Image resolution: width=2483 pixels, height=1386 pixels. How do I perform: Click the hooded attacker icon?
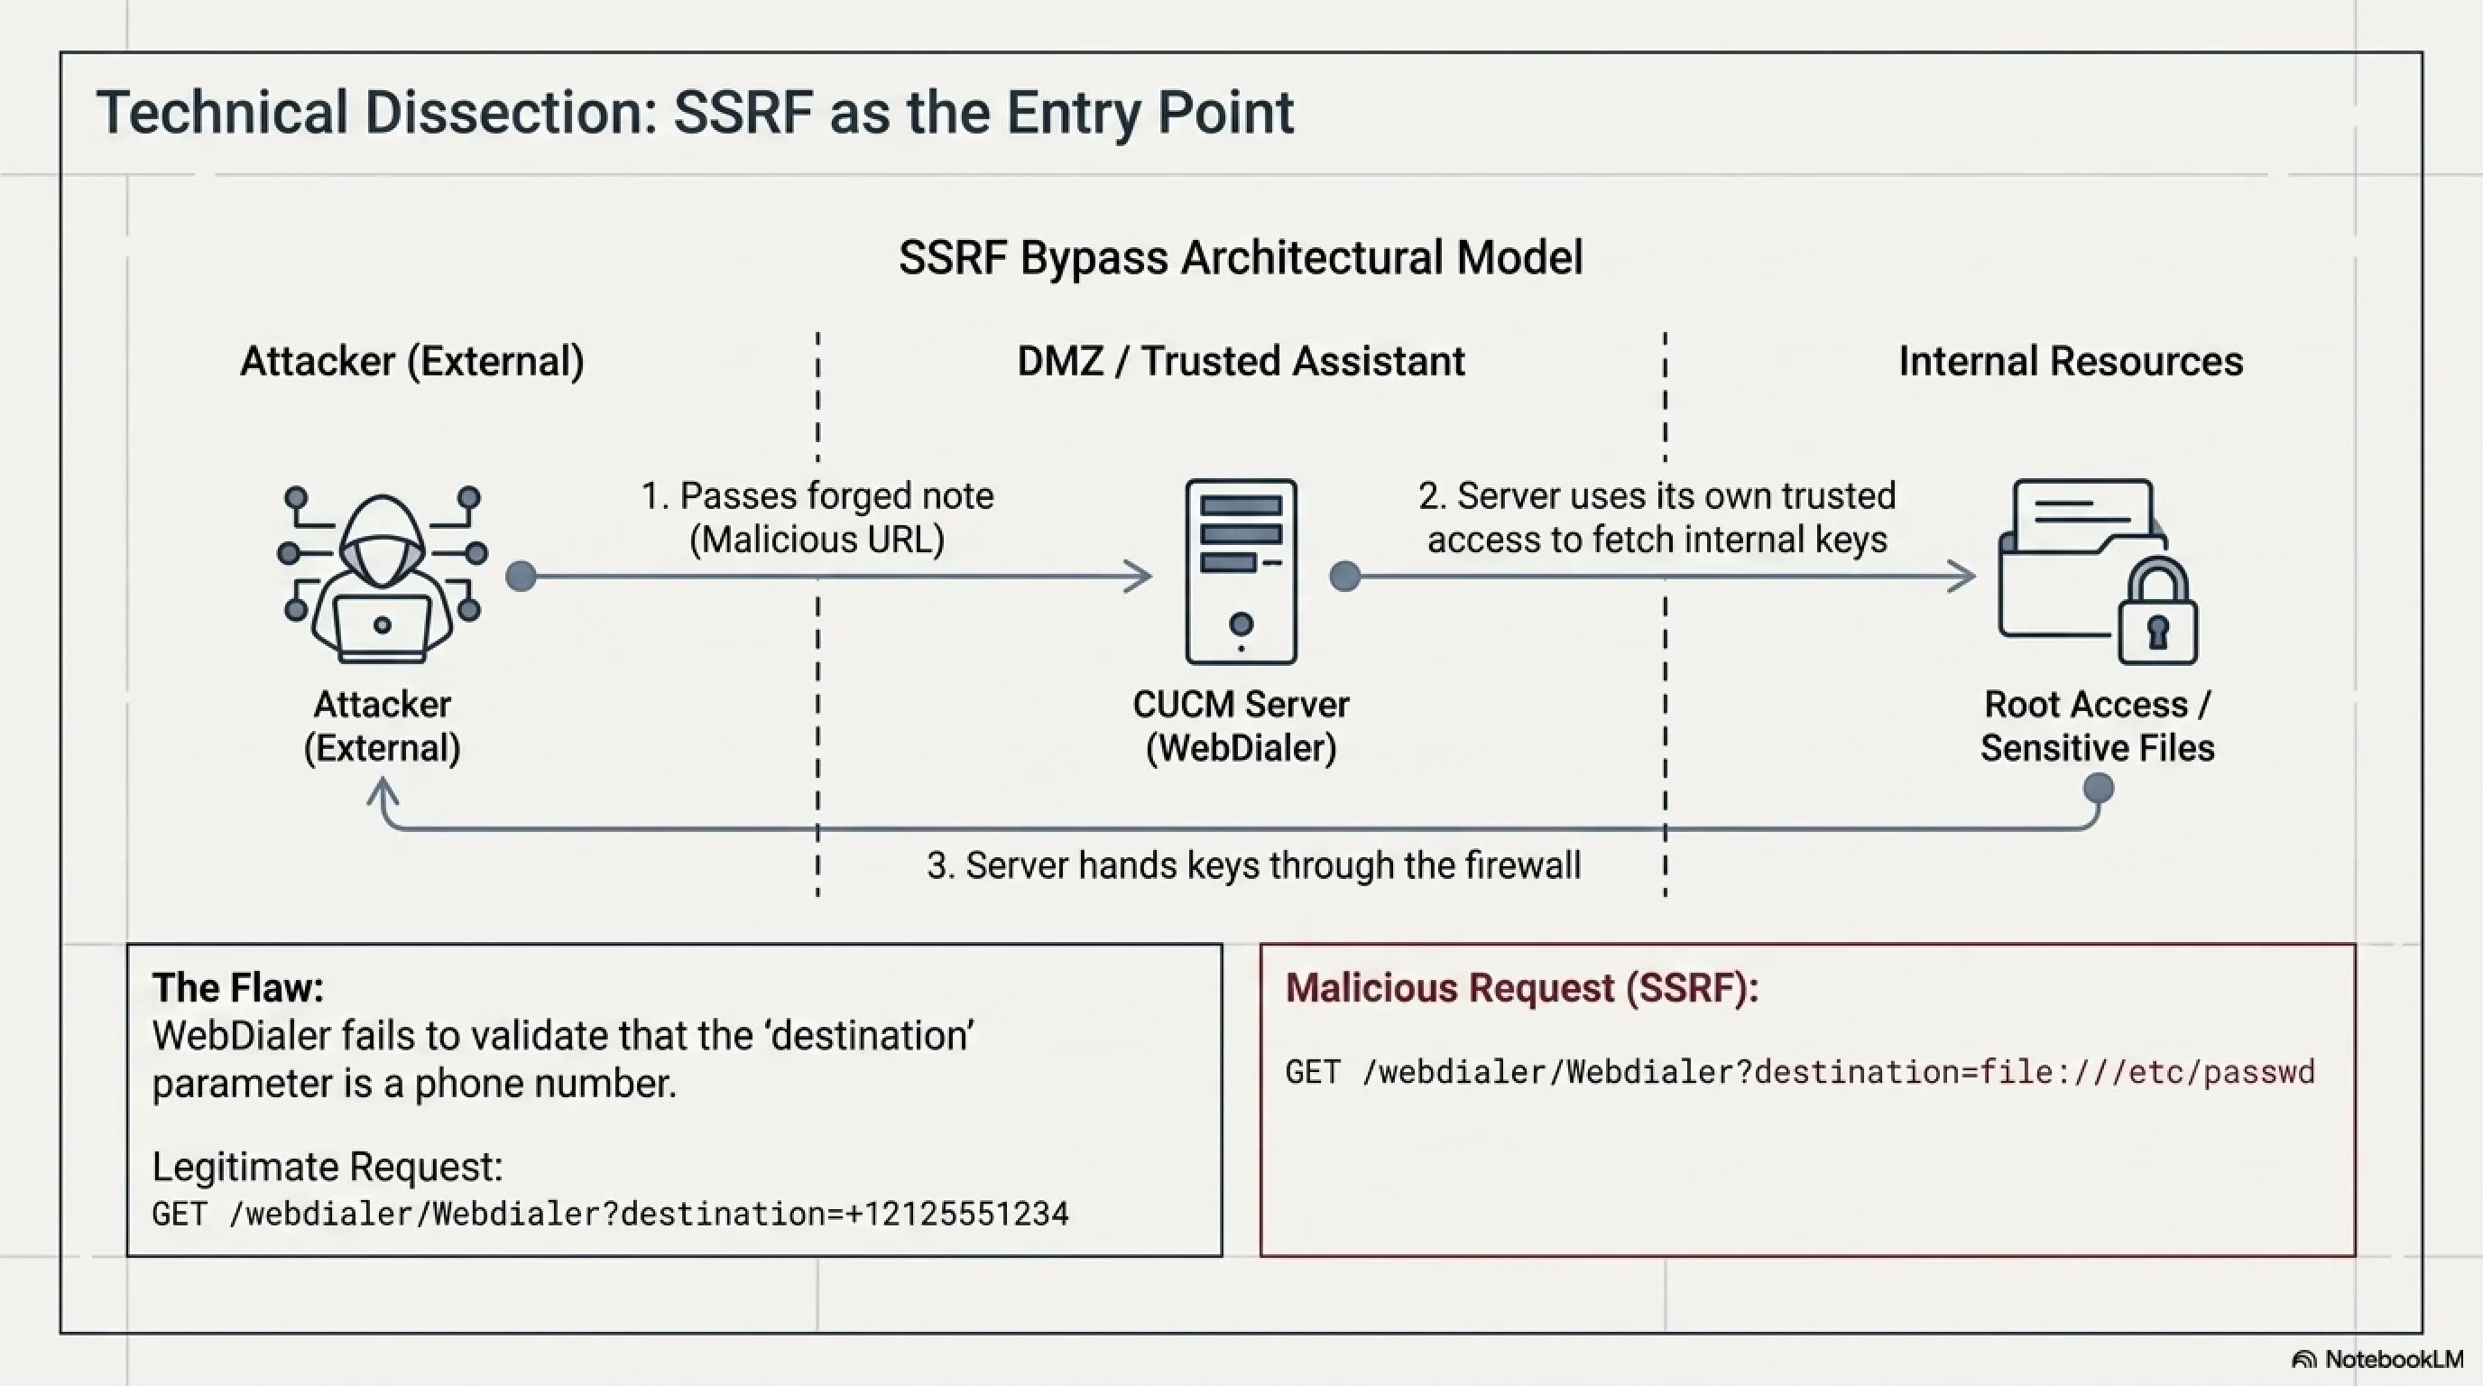coord(382,575)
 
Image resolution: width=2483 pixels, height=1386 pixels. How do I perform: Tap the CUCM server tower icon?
coord(1241,571)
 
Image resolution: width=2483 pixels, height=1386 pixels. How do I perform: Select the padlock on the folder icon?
coord(2157,611)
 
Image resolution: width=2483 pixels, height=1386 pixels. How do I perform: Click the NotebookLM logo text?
coord(2394,1359)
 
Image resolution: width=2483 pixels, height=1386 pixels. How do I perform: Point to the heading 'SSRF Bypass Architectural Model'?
coord(1241,257)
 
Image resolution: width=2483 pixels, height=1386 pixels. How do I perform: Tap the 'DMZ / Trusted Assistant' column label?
coord(1241,362)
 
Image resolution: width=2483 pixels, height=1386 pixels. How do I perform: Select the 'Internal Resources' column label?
coord(2071,362)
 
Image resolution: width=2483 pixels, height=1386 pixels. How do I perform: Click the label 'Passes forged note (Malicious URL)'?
coord(817,518)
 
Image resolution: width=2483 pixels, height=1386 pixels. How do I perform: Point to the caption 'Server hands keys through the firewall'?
coord(1253,865)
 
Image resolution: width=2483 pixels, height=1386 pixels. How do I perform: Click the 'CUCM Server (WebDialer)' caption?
coord(1241,725)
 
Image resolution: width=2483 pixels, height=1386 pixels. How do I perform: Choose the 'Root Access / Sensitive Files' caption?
coord(2098,725)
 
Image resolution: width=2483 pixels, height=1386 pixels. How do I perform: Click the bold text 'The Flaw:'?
coord(238,988)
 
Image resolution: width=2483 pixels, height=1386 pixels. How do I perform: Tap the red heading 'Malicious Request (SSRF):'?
coord(1522,988)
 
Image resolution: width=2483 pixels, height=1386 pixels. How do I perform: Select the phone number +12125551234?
coord(957,1214)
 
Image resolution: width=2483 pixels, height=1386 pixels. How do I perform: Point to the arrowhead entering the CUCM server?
coord(1140,577)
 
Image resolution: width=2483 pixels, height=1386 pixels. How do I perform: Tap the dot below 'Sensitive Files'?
coord(2099,789)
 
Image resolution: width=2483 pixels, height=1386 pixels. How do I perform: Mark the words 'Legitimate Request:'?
coord(328,1168)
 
